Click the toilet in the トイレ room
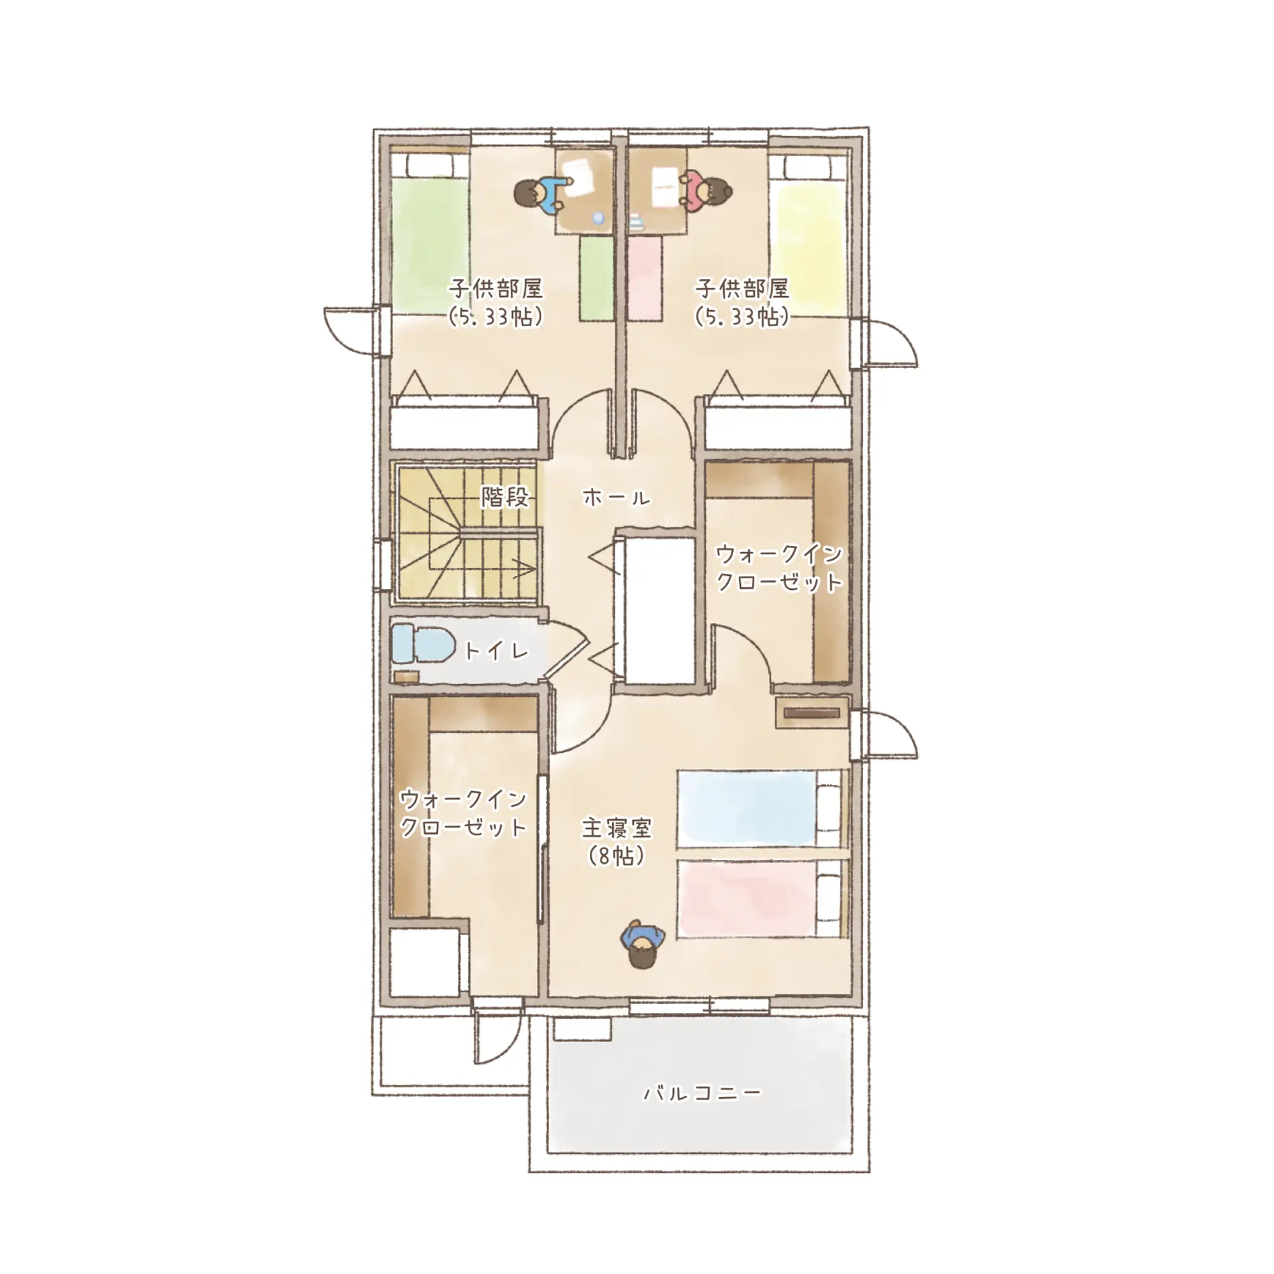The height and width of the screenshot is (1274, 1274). click(423, 643)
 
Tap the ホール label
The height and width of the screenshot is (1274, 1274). click(617, 497)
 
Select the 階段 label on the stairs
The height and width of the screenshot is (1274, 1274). click(506, 497)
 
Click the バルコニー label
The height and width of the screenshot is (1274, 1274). click(702, 1093)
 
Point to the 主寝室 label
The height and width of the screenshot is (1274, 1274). click(617, 827)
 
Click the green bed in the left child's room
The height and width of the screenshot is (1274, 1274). click(430, 234)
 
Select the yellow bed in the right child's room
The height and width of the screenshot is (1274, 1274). click(809, 234)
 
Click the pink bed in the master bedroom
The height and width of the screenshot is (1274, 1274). click(761, 898)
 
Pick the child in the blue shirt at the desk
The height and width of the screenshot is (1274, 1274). click(538, 195)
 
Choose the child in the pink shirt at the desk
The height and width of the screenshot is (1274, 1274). click(705, 191)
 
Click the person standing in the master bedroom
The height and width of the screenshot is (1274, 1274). click(643, 943)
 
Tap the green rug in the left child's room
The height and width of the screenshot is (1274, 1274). click(597, 279)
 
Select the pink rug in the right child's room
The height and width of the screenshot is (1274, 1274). click(645, 279)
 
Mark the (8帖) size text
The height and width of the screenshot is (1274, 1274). click(616, 856)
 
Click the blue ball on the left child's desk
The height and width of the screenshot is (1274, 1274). click(598, 218)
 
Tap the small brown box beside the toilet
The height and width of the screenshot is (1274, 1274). click(407, 676)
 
